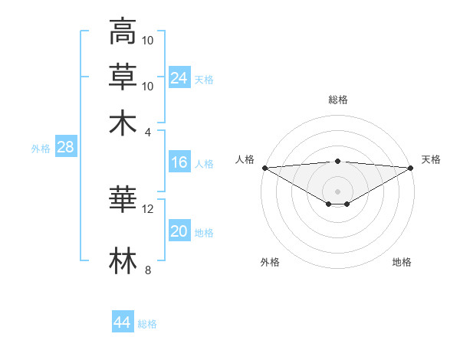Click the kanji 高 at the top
click(x=123, y=32)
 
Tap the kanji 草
click(x=123, y=77)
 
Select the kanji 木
click(x=123, y=122)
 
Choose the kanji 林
click(x=123, y=260)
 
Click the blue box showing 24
click(x=179, y=77)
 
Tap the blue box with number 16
click(x=179, y=162)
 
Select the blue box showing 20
click(x=179, y=232)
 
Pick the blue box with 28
click(x=66, y=148)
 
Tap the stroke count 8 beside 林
click(x=148, y=270)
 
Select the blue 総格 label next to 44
click(x=147, y=324)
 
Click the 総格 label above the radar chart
click(x=338, y=100)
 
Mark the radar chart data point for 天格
click(x=412, y=168)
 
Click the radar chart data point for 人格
click(x=264, y=168)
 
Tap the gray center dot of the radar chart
click(x=338, y=191)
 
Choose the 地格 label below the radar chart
click(x=402, y=262)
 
